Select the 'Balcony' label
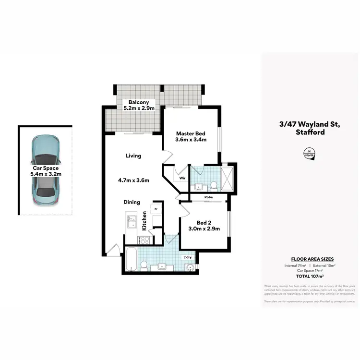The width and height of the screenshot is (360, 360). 138,102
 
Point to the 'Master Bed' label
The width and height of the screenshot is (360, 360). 191,133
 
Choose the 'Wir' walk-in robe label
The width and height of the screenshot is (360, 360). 182,178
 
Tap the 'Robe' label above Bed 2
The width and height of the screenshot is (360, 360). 208,197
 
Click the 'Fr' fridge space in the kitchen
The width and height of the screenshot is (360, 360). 156,209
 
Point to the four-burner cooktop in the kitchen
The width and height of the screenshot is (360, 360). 144,240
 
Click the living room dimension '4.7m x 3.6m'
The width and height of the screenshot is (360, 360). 133,180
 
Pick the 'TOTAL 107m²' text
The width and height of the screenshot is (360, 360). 310,276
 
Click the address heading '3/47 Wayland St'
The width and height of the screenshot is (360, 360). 310,124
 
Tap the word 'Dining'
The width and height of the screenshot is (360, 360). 132,202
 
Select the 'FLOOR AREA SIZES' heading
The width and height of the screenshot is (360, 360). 310,258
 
